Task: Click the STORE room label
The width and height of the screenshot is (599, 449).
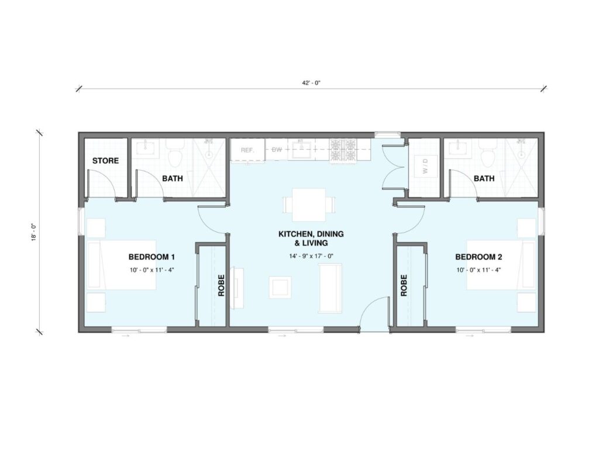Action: point(105,161)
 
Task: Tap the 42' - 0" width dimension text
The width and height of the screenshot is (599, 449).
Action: point(311,83)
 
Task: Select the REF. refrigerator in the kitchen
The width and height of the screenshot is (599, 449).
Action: point(247,150)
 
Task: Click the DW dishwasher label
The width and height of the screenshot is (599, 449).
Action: point(277,150)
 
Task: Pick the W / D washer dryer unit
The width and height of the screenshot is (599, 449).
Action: point(425,167)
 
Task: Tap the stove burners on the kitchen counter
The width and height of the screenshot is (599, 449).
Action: point(343,150)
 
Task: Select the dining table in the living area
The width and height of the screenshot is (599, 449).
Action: point(309,205)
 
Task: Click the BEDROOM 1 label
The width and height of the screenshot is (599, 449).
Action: point(152,257)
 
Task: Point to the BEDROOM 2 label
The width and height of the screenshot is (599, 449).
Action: point(478,257)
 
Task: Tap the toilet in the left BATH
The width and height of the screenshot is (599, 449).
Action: point(175,154)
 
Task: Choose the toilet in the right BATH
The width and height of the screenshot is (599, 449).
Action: point(488,154)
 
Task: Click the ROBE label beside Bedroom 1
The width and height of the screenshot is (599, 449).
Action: point(221,285)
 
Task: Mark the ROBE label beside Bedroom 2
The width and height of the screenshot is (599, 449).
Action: point(404,285)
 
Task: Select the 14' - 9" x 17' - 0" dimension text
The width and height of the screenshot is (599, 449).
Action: point(311,256)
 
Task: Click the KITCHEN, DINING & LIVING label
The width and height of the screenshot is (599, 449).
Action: point(311,239)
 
